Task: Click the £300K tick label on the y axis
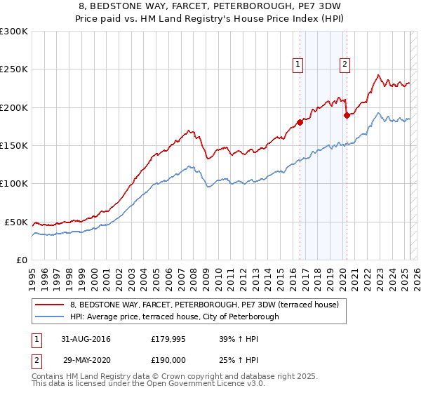14,32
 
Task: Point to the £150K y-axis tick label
14,146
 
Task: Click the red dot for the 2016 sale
300,122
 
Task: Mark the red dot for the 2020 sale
346,115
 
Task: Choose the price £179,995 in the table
168,339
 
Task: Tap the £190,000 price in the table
168,359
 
